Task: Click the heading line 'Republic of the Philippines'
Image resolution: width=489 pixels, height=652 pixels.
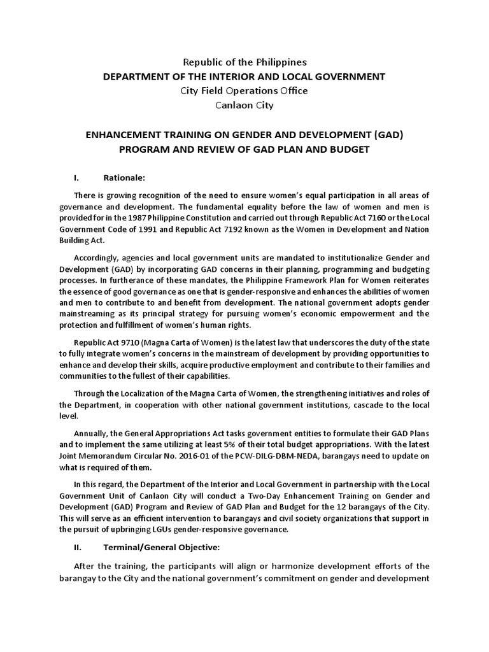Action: pos(245,62)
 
